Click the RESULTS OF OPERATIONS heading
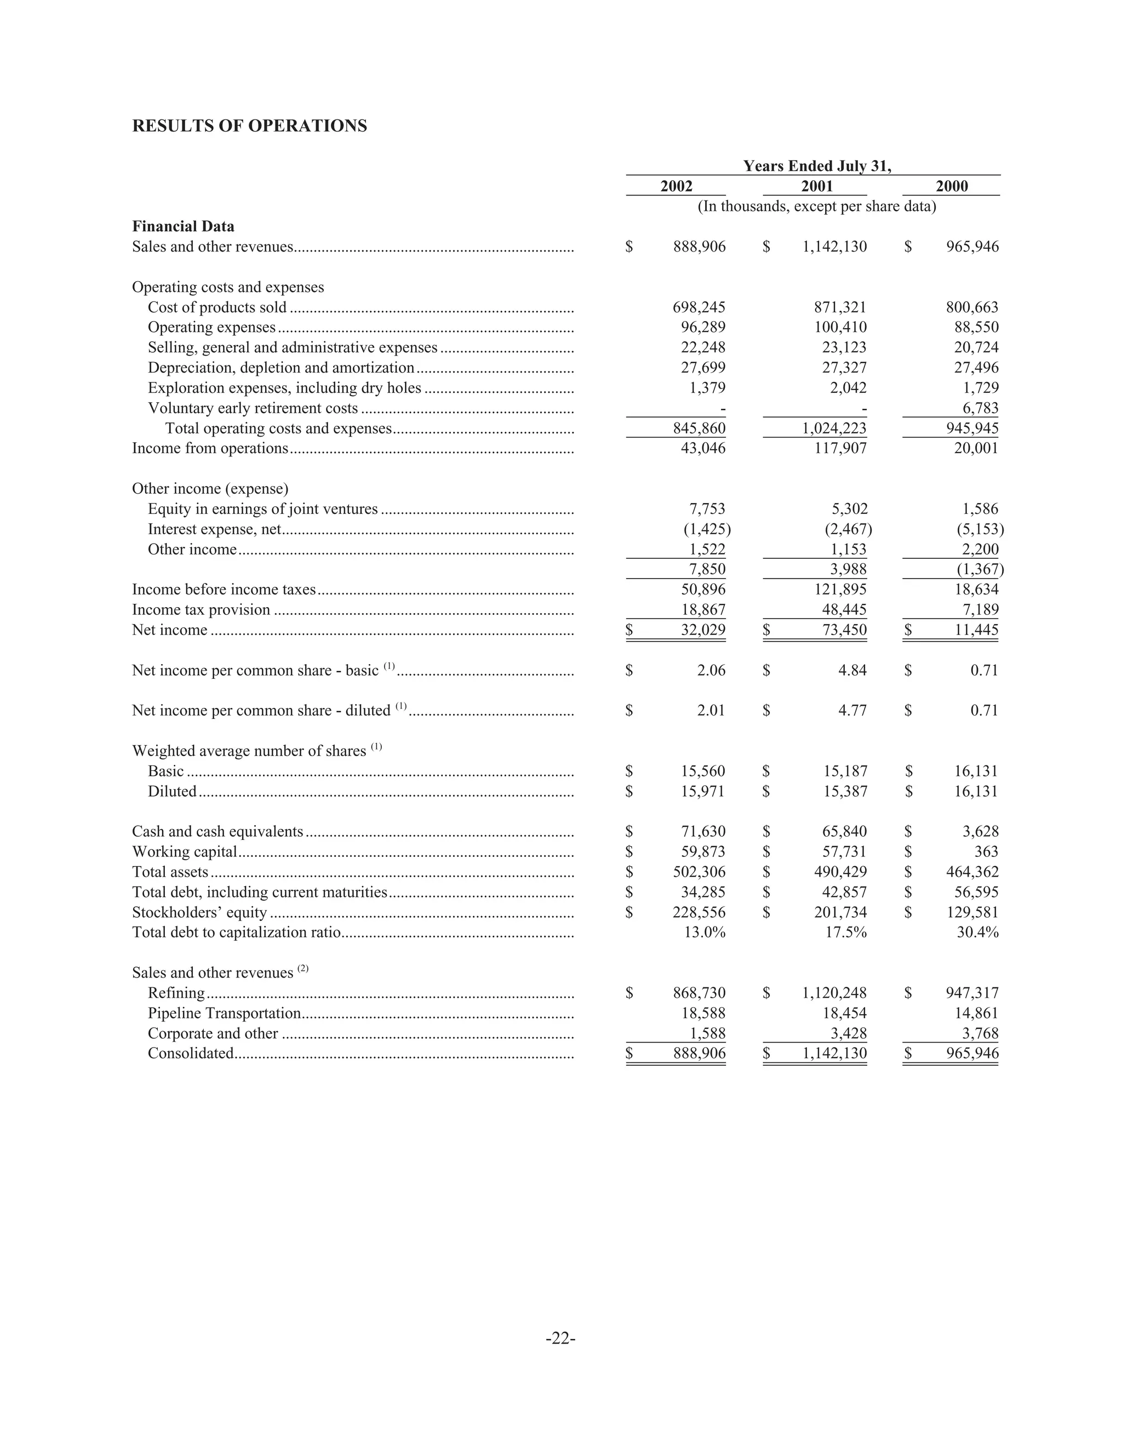pos(249,127)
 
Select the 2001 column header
pos(816,186)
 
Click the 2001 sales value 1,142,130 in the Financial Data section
pos(834,247)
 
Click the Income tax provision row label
pos(201,610)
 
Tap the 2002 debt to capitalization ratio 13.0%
pos(705,932)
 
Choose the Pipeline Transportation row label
pos(224,1013)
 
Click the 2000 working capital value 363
pos(986,851)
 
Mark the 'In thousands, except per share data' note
pos(816,206)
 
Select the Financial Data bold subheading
pos(183,227)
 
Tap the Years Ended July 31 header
pos(816,166)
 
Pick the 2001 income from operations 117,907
pos(840,448)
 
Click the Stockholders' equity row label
pos(199,912)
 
